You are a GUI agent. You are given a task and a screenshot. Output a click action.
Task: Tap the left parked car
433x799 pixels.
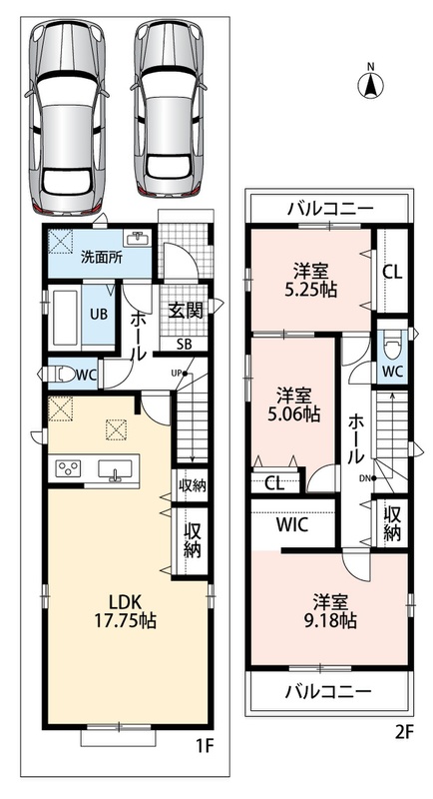click(x=67, y=117)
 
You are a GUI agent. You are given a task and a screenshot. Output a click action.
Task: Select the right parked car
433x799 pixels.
click(x=171, y=109)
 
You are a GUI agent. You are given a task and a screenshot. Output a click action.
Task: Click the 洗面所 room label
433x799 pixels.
click(x=102, y=258)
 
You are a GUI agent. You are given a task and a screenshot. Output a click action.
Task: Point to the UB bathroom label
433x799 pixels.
click(x=99, y=314)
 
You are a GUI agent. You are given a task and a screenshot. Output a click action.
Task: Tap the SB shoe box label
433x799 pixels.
click(x=185, y=344)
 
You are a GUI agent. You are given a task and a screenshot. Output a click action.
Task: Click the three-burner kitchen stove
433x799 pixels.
click(x=68, y=466)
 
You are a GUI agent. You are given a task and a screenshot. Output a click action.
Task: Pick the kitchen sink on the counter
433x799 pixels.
click(x=116, y=468)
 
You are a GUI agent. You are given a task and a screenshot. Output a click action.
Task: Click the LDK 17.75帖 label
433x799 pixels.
click(x=125, y=611)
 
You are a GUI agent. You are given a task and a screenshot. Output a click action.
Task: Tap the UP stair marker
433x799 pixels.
click(x=180, y=374)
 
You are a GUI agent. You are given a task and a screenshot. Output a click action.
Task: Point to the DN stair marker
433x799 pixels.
click(x=367, y=478)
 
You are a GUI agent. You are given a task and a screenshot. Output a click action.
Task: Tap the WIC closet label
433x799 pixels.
click(x=292, y=525)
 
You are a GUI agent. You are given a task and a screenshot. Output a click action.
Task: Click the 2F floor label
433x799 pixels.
click(x=405, y=733)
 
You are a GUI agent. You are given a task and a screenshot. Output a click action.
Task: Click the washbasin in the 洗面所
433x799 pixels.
click(x=136, y=239)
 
